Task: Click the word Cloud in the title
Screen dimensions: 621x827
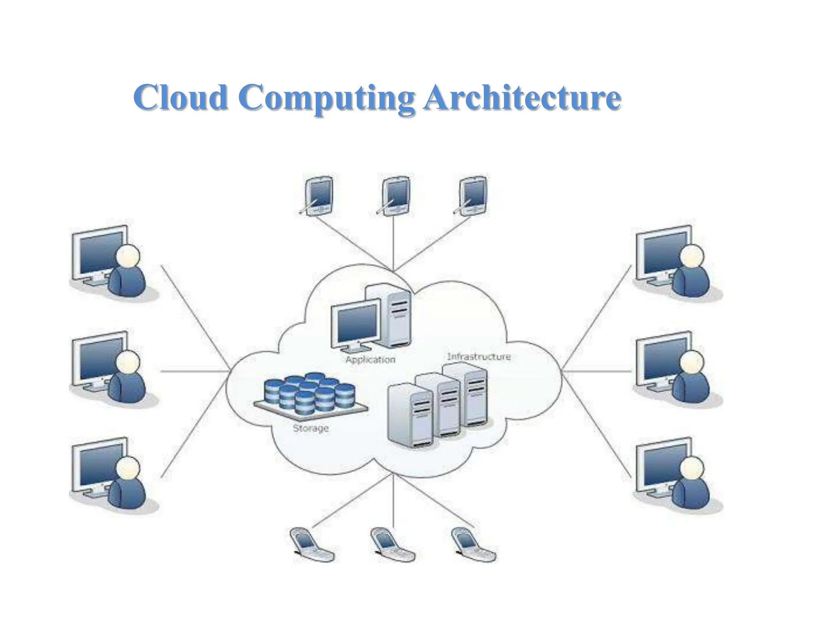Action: pos(180,97)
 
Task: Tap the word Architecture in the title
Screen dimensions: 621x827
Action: pos(522,97)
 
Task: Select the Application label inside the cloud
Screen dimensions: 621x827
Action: pos(370,359)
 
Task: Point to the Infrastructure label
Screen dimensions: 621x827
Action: pos(479,357)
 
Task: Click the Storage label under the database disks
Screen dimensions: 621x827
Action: pos(311,428)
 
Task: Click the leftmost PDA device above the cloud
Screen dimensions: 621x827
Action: pos(318,195)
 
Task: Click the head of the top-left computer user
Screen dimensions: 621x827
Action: pos(128,256)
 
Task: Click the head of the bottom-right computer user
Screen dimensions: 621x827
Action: pos(692,468)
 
